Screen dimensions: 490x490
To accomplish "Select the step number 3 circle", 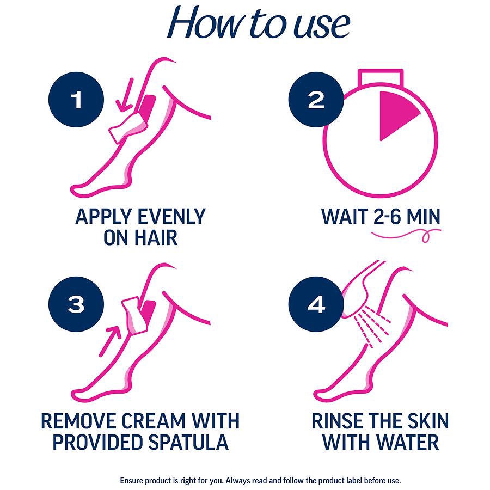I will [x=76, y=305].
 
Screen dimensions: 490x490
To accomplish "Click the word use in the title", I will [x=318, y=26].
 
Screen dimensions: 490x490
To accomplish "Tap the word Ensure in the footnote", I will [x=133, y=481].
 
